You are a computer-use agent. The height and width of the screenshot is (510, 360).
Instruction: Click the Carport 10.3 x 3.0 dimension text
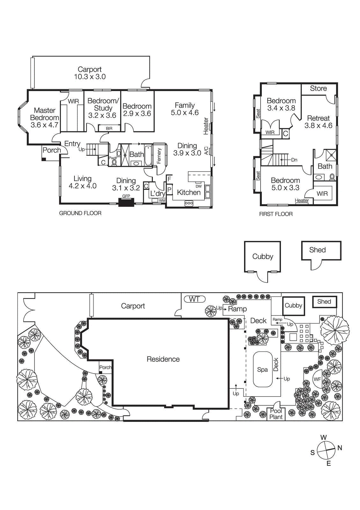click(x=90, y=77)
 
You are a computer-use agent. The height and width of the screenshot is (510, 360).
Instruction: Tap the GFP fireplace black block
click(x=126, y=202)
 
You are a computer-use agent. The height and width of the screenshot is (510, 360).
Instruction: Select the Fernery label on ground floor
click(x=159, y=156)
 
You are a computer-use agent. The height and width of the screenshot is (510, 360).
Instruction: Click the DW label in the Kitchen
click(x=198, y=186)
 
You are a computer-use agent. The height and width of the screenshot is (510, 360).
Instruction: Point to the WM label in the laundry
click(x=162, y=200)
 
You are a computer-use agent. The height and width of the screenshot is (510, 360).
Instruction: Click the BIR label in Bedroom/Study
click(x=109, y=128)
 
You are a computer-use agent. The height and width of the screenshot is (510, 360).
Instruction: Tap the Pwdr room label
click(x=113, y=158)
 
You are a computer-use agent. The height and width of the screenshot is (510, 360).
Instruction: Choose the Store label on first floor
click(x=318, y=89)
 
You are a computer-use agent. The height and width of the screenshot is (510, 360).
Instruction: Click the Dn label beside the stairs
click(x=294, y=160)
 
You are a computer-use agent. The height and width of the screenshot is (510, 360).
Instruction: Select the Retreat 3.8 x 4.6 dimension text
click(x=318, y=126)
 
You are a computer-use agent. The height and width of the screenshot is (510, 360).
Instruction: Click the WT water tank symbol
click(x=194, y=299)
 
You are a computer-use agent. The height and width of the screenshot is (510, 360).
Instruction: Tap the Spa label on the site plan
click(x=262, y=369)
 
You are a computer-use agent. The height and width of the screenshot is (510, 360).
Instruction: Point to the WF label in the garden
click(x=317, y=379)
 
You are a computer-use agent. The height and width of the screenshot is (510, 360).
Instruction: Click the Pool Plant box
click(x=276, y=414)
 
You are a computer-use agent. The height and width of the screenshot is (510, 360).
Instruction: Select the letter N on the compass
click(x=340, y=448)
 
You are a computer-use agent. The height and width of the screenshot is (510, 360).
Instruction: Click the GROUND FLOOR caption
click(x=80, y=213)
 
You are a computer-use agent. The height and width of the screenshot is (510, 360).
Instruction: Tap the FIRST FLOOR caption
click(x=276, y=214)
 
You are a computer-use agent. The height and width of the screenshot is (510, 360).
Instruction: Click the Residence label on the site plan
click(x=163, y=359)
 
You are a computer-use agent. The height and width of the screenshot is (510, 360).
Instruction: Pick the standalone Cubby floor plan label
click(x=263, y=257)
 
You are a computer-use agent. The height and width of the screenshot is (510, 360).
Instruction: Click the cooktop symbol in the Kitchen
click(x=189, y=203)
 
